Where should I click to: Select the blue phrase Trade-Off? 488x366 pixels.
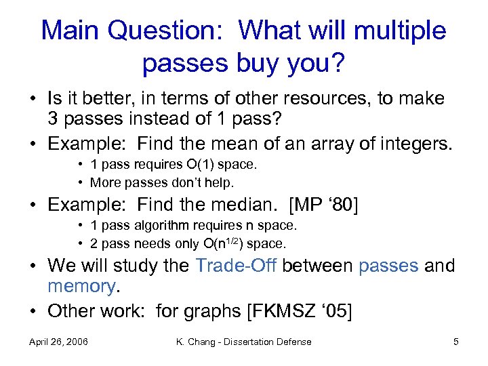[x=235, y=266]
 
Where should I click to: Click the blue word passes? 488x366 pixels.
[x=388, y=266]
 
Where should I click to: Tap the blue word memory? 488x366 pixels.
[x=82, y=287]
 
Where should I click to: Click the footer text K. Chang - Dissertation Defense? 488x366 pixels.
[x=243, y=342]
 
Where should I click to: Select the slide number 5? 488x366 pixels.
[x=455, y=342]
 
